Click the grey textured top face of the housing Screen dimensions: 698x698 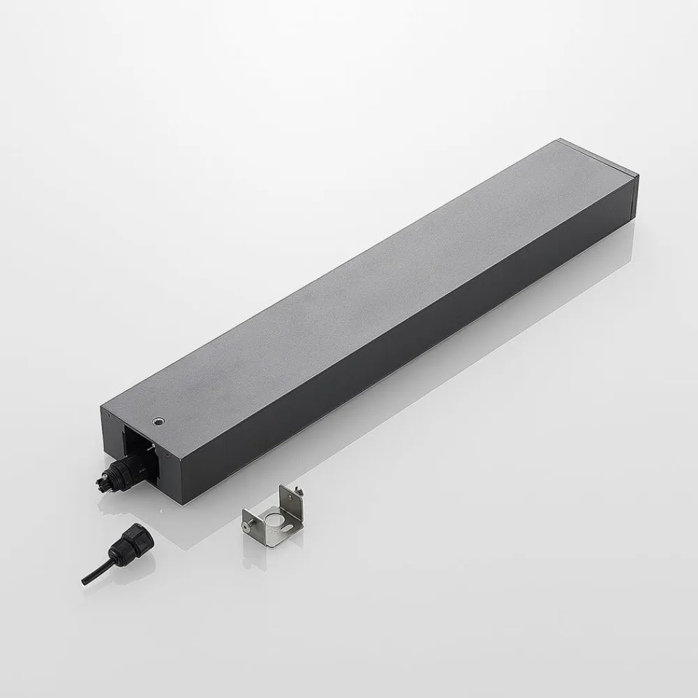[x=363, y=293]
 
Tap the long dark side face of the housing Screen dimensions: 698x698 [x=419, y=349]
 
